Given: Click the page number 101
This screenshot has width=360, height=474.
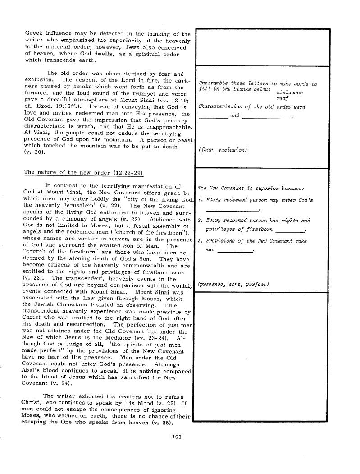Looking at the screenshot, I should (176, 436).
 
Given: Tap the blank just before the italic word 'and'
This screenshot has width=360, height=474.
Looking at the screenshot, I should (213, 118).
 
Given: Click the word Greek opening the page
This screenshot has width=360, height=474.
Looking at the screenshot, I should (33, 33).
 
